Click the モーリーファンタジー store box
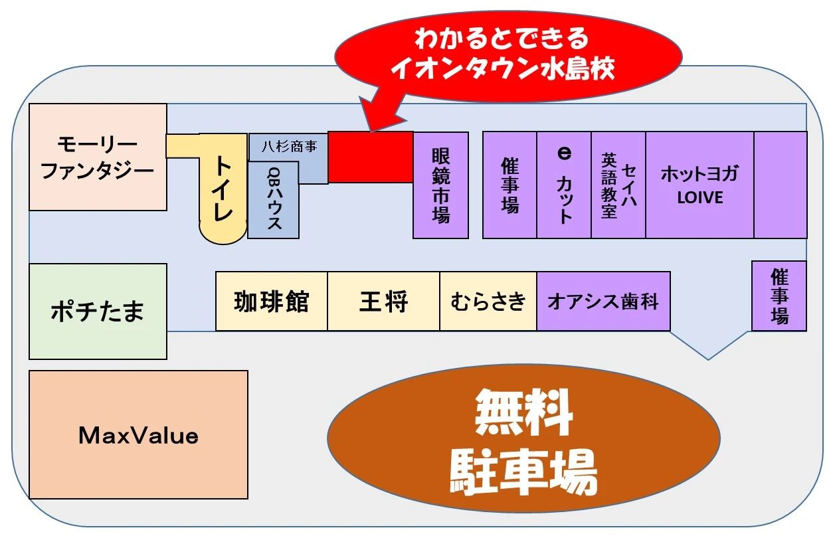click(x=98, y=157)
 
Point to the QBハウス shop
click(x=273, y=199)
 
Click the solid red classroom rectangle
click(x=370, y=157)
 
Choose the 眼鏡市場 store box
click(x=440, y=185)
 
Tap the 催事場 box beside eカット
click(x=510, y=185)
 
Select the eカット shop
click(x=564, y=185)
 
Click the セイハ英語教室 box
click(x=618, y=185)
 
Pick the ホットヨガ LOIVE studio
click(x=699, y=185)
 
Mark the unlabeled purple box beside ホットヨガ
click(x=780, y=185)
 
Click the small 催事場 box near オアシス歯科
click(x=779, y=296)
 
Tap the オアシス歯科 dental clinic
click(x=603, y=301)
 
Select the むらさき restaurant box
click(x=488, y=301)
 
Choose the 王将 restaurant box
click(x=383, y=301)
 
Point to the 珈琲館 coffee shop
click(x=271, y=301)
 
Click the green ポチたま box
click(x=98, y=311)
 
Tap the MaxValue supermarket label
click(x=138, y=435)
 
